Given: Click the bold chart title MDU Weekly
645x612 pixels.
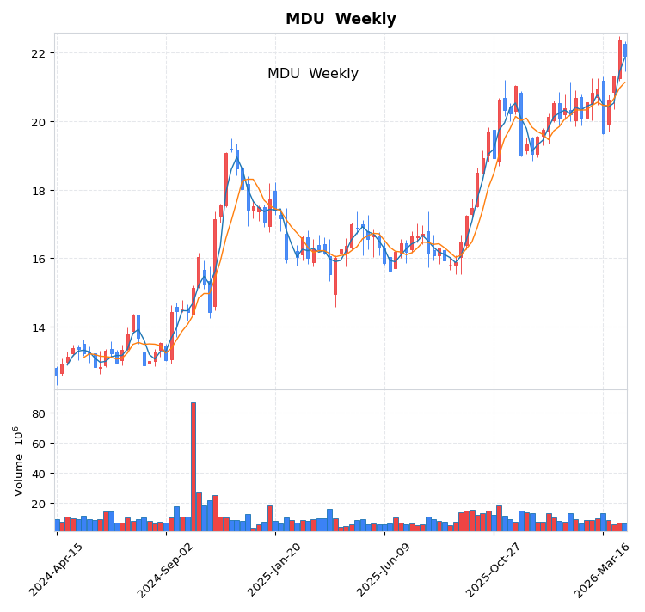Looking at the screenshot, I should [341, 20].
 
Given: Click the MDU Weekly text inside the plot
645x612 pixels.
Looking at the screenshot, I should [313, 74].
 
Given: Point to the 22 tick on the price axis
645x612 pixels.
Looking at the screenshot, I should [37, 53].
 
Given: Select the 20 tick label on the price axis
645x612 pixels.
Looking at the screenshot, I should [37, 122].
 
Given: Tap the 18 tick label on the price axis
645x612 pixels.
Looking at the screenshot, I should [37, 191].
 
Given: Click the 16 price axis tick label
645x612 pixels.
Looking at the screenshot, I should [37, 259].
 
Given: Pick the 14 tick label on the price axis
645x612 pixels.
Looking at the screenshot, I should [37, 327].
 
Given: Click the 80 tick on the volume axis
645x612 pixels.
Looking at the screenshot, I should [37, 413].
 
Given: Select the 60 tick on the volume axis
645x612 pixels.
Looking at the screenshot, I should [37, 444].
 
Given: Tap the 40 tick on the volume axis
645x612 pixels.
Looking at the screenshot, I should [37, 474].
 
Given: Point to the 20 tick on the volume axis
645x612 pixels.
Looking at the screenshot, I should [37, 504].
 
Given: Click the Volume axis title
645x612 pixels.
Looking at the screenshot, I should [18, 461].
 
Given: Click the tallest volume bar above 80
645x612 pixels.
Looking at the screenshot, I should [193, 466].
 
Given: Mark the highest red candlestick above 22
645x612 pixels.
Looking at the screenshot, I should [620, 59].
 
